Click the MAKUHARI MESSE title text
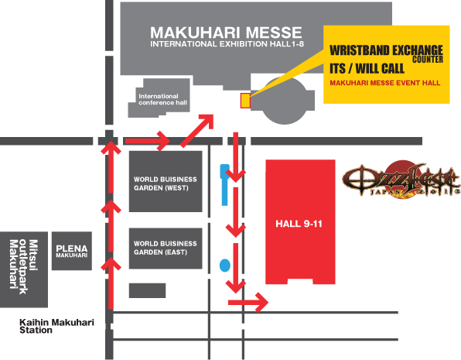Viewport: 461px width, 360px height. (226, 33)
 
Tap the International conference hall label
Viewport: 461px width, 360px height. (162, 100)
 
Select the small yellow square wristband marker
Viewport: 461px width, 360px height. (245, 101)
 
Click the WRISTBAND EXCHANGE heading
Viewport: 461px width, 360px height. (386, 50)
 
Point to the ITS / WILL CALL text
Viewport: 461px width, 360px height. (367, 69)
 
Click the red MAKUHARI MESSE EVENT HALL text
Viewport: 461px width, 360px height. (385, 83)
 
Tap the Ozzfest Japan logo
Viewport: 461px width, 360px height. (401, 180)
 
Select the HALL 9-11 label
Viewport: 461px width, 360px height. (299, 224)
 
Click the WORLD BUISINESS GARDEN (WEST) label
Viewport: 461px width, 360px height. (166, 183)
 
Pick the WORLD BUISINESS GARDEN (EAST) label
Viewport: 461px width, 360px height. (166, 248)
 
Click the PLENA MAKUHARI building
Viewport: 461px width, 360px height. (72, 251)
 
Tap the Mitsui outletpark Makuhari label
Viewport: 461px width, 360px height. (24, 267)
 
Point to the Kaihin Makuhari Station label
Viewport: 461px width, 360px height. (56, 326)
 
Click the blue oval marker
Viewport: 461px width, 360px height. (225, 266)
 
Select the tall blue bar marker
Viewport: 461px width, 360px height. (224, 185)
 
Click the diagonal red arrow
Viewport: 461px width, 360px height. (197, 130)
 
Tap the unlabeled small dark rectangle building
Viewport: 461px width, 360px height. (147, 290)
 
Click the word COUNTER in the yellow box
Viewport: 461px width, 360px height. (428, 60)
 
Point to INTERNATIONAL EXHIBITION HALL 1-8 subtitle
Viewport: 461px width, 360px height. (227, 44)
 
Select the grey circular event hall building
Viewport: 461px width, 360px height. (285, 101)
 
